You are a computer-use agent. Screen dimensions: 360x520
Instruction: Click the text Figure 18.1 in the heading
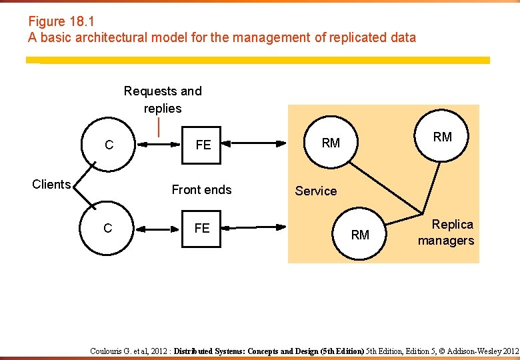[x=56, y=21]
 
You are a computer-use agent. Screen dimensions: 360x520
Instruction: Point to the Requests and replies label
[x=163, y=99]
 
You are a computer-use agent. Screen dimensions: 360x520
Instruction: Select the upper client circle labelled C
[x=109, y=145]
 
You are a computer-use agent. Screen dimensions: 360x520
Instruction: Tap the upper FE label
[x=203, y=145]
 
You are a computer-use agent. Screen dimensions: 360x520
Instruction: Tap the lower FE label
[x=202, y=229]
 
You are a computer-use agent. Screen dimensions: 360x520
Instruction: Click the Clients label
[x=51, y=185]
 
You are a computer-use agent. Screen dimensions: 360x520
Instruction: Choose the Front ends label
[x=201, y=190]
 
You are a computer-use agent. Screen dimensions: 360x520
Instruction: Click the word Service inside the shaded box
[x=316, y=191]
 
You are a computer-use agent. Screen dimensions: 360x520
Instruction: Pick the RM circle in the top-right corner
[x=442, y=137]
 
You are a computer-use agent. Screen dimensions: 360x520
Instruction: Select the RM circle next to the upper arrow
[x=331, y=143]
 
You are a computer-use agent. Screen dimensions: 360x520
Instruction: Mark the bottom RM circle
[x=360, y=235]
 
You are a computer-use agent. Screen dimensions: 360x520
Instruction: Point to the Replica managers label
[x=446, y=233]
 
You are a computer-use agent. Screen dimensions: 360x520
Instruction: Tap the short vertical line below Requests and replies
[x=159, y=127]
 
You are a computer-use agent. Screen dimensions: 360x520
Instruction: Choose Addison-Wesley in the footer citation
[x=474, y=351]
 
